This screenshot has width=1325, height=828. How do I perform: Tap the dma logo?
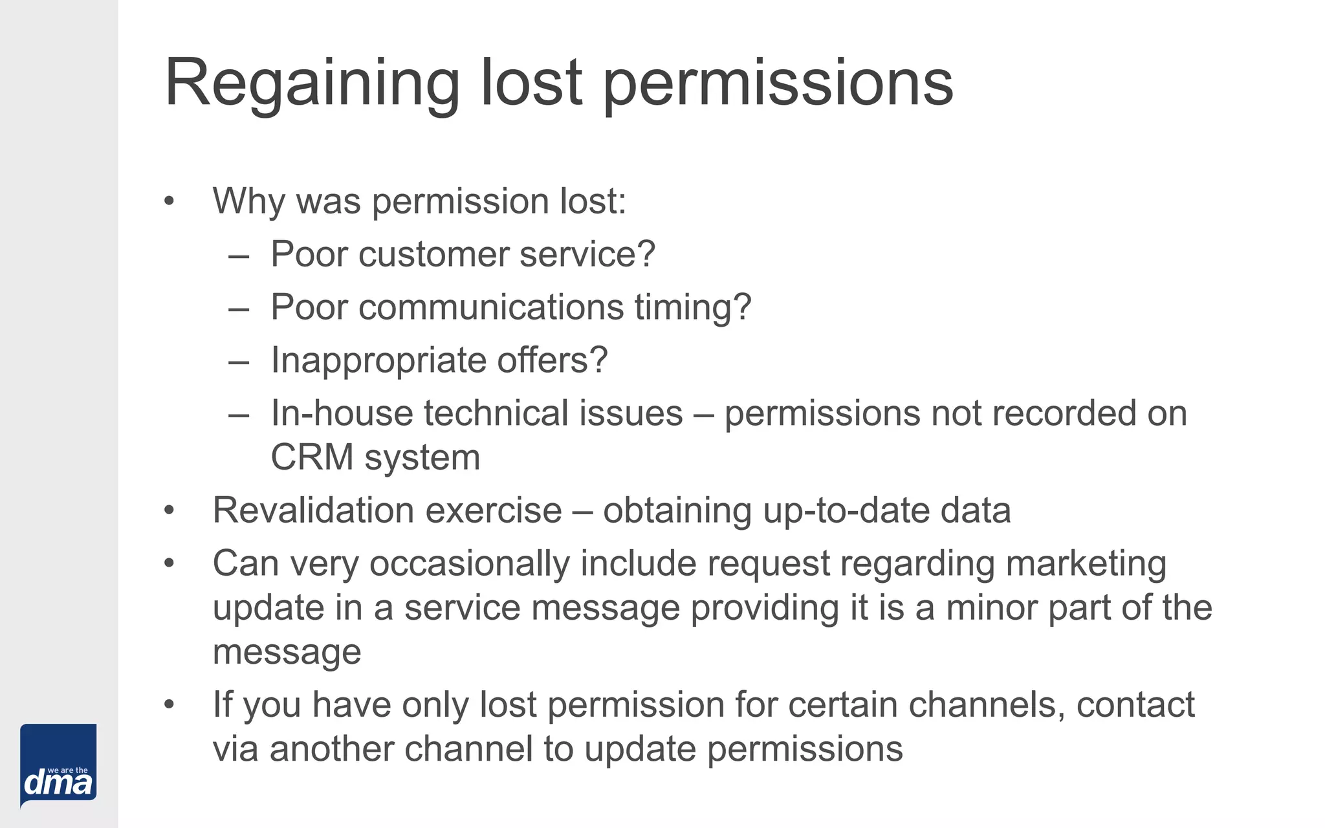58,766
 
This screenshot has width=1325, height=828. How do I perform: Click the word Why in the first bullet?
248,201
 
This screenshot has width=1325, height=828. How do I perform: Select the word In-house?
342,413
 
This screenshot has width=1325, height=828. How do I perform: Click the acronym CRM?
312,457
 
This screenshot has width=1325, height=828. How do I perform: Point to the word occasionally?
469,563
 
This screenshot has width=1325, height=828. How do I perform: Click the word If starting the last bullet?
223,704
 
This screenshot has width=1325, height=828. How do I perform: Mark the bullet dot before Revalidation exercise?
170,510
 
